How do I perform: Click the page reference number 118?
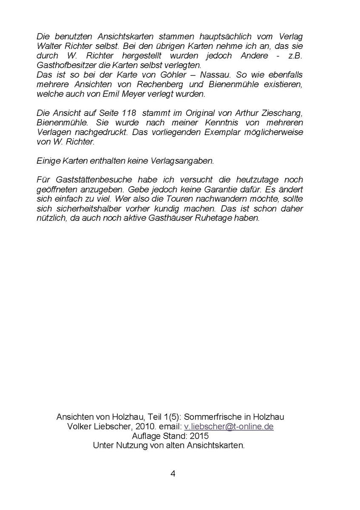[x=129, y=113]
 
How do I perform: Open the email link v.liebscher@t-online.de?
[x=229, y=427]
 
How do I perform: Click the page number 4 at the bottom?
[x=173, y=474]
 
